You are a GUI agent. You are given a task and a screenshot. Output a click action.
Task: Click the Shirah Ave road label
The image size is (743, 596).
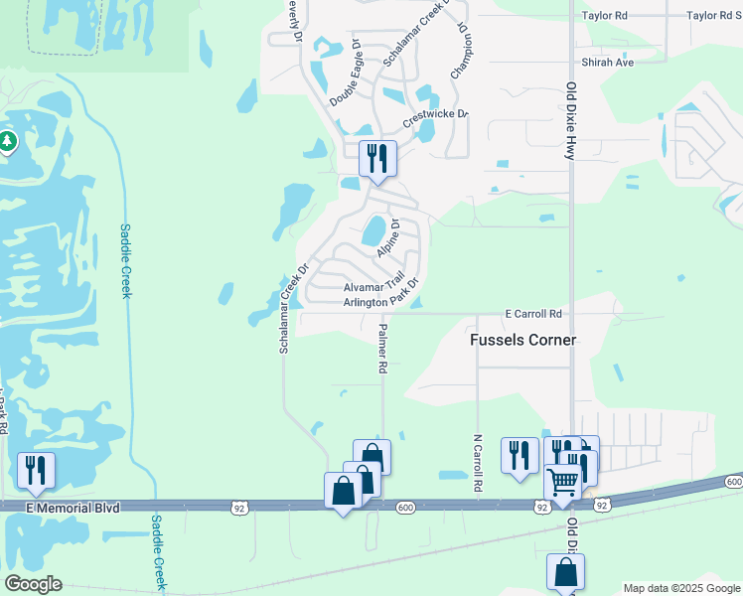(x=609, y=62)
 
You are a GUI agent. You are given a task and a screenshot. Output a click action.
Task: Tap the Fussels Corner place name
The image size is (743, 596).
(x=522, y=340)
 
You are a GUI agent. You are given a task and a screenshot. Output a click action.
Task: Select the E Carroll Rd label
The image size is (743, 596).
(x=533, y=313)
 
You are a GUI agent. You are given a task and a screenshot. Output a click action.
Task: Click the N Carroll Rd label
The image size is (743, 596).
(x=478, y=463)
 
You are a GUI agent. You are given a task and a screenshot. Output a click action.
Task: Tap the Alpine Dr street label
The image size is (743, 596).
(x=387, y=238)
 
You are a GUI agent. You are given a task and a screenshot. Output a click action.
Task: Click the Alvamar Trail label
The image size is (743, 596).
(x=373, y=287)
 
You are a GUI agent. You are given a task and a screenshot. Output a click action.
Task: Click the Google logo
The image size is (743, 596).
(x=33, y=584)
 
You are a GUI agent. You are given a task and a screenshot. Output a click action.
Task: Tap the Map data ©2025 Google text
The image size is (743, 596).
(x=681, y=588)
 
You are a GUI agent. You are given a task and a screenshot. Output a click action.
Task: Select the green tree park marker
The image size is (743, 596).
(x=7, y=142)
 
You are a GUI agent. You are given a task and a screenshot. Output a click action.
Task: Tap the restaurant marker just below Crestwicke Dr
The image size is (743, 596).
(x=377, y=158)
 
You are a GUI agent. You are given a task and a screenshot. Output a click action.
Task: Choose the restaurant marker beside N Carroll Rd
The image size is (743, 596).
(x=519, y=456)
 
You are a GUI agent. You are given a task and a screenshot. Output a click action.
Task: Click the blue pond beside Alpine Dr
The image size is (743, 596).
(x=373, y=231)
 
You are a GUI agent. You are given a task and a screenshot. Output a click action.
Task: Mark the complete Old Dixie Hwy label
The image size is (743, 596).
(x=571, y=120)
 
